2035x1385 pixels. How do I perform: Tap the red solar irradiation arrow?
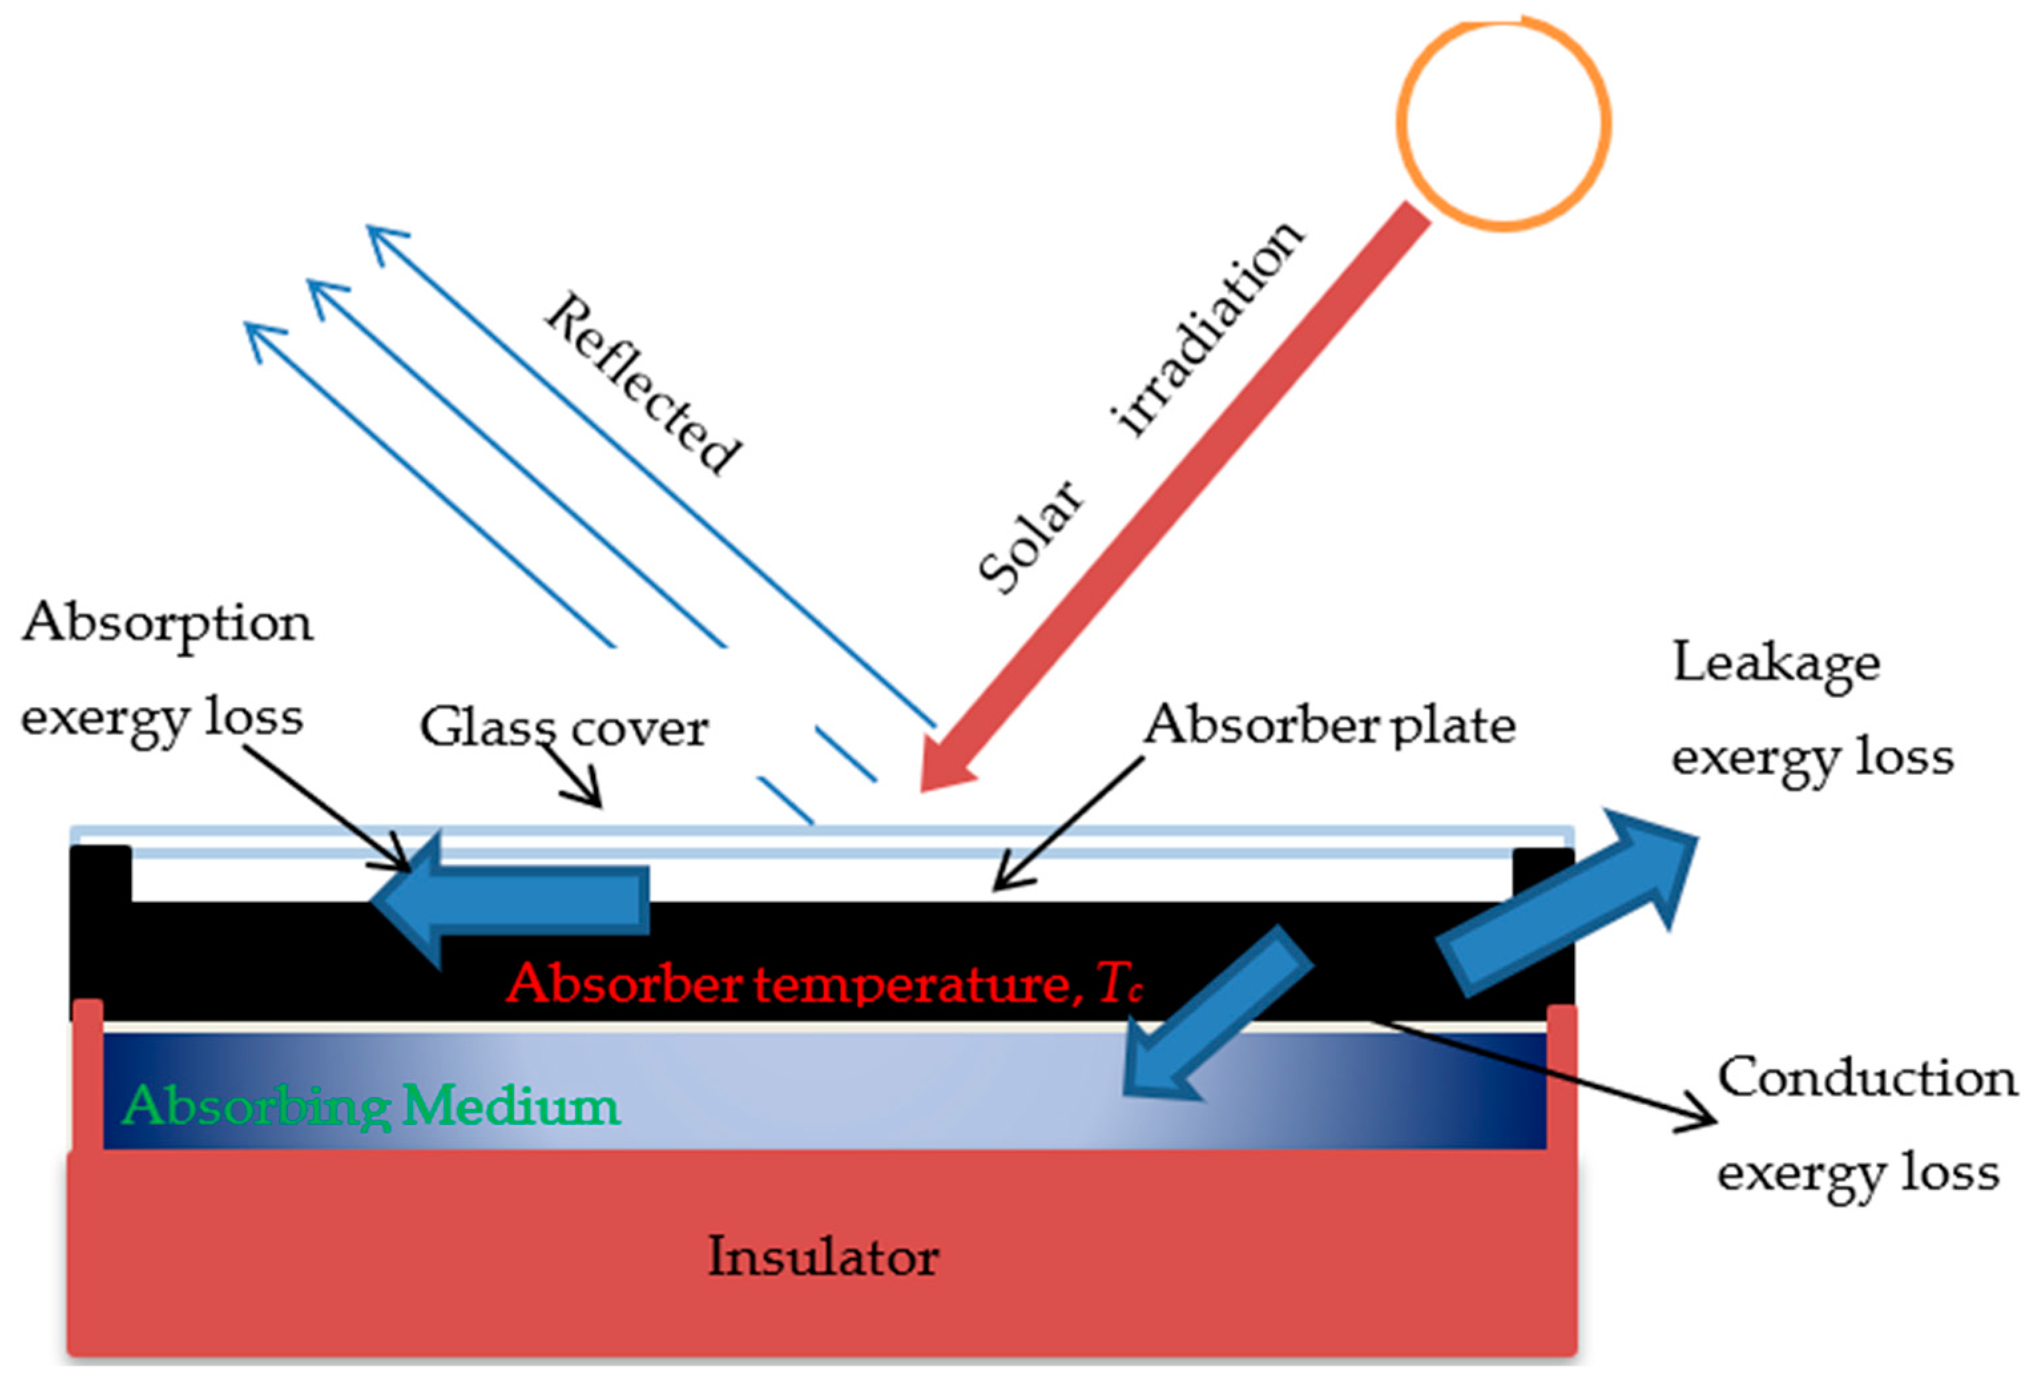click(1173, 500)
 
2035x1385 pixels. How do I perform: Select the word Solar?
click(1031, 536)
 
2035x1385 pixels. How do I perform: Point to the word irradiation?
click(1208, 329)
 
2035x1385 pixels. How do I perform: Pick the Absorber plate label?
click(1330, 725)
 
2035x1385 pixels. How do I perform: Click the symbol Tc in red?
click(1120, 984)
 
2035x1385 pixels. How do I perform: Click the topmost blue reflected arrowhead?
click(385, 241)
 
